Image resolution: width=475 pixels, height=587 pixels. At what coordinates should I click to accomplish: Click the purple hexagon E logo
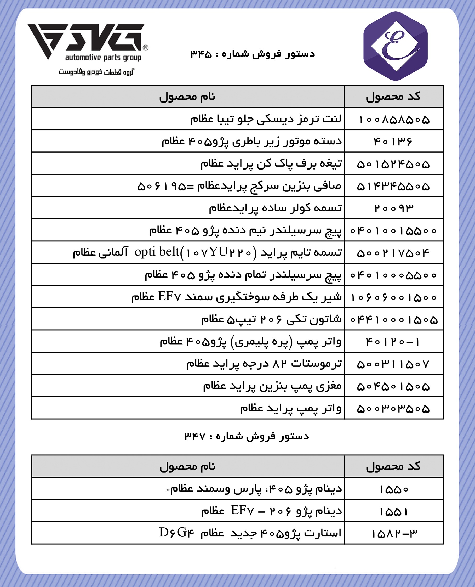[x=395, y=46]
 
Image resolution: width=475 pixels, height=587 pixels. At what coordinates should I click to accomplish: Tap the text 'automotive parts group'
[x=103, y=58]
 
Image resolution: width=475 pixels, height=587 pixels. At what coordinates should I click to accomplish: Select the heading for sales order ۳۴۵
[x=253, y=54]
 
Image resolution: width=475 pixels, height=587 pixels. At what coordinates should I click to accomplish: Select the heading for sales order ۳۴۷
[x=247, y=436]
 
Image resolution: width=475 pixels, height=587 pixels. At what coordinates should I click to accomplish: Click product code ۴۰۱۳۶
[x=393, y=142]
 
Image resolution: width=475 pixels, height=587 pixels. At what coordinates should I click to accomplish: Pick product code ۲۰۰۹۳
[x=394, y=208]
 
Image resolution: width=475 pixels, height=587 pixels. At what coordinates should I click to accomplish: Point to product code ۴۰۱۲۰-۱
[x=393, y=342]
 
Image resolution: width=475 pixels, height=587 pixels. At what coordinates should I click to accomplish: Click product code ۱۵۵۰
[x=394, y=489]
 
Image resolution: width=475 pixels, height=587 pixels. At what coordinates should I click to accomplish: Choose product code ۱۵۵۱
[x=394, y=511]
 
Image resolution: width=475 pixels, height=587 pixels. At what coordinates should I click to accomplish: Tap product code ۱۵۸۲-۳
[x=394, y=534]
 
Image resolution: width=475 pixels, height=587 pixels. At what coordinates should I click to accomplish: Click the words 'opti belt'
[x=157, y=252]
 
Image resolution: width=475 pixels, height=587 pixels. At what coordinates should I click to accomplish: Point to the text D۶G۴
[x=176, y=533]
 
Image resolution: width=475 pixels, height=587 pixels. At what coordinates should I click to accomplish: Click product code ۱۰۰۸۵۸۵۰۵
[x=394, y=119]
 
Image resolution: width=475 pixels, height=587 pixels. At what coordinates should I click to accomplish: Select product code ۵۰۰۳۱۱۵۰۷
[x=393, y=364]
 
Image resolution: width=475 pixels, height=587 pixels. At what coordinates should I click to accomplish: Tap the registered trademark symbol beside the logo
[x=146, y=48]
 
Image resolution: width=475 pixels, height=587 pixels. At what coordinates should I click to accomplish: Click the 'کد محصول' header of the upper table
[x=393, y=97]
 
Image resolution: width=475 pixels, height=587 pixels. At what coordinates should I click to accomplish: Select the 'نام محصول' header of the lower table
[x=187, y=466]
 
